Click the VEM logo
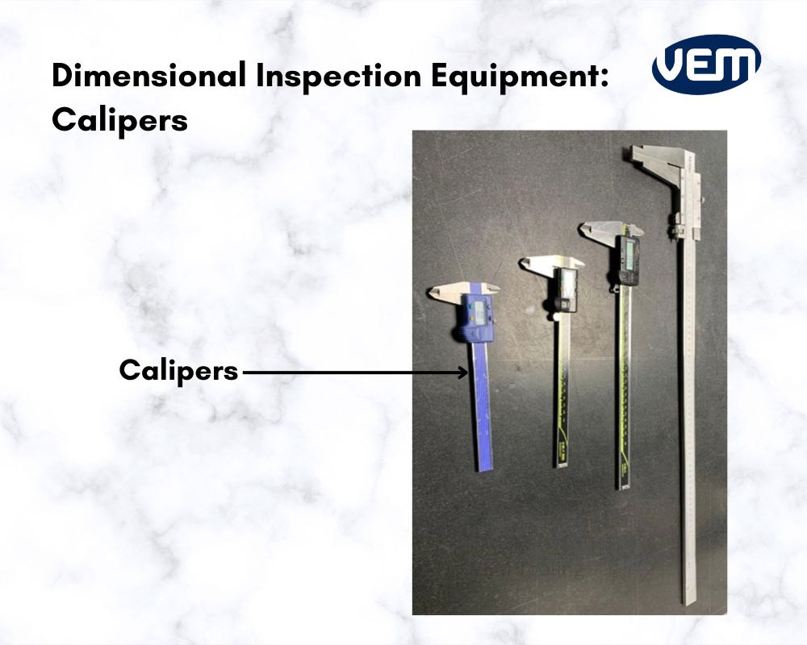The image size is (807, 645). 706,64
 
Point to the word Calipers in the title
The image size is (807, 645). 119,120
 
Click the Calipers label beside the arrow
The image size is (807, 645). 178,371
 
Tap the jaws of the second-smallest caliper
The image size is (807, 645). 549,264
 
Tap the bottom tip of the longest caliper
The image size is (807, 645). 688,601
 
